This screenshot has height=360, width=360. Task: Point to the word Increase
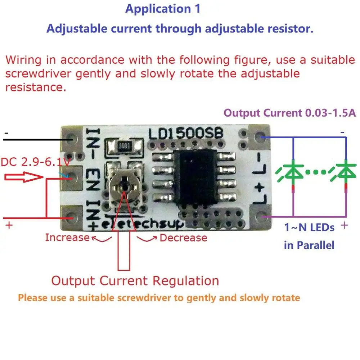(67, 238)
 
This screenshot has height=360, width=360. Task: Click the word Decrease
(183, 238)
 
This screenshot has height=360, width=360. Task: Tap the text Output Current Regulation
(135, 281)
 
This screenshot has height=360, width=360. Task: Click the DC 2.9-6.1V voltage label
(35, 163)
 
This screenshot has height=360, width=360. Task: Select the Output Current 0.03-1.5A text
(290, 113)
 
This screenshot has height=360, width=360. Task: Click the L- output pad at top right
(260, 138)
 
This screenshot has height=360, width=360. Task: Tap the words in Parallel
(309, 246)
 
